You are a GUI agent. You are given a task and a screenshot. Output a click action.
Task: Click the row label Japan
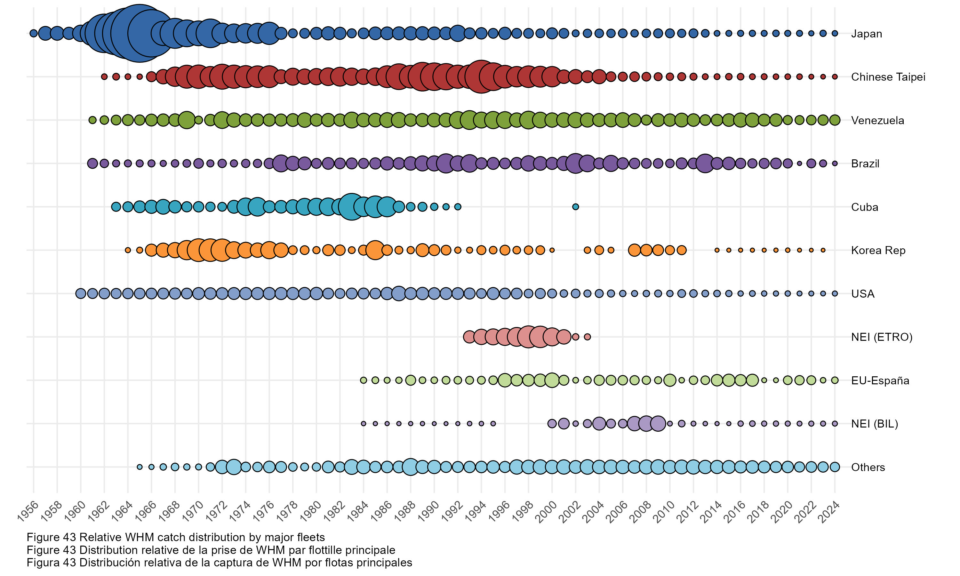coord(866,34)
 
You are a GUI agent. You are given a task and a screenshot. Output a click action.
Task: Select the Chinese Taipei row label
coord(888,77)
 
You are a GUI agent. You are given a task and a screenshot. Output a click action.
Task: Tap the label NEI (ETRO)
coord(881,337)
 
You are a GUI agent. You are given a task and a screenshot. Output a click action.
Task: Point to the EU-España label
coord(880,380)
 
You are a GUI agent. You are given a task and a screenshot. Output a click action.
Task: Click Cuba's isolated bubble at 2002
coord(575,207)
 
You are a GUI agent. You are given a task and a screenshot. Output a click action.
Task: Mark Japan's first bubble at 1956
coord(34,33)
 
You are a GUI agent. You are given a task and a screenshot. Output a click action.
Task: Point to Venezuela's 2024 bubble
coord(835,120)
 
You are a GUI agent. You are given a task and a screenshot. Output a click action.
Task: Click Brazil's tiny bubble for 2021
coord(799,164)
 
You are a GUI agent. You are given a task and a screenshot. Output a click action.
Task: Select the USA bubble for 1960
coord(80,293)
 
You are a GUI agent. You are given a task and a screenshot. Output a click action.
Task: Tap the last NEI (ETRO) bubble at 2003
coord(588,337)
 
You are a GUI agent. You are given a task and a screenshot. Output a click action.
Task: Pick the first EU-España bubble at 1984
coord(363,380)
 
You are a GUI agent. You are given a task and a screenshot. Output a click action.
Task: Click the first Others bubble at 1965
coord(140,467)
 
